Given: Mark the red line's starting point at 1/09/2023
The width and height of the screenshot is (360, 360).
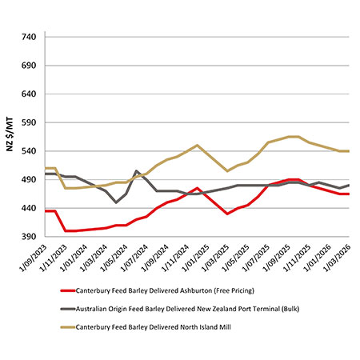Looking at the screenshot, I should tap(46, 210).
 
